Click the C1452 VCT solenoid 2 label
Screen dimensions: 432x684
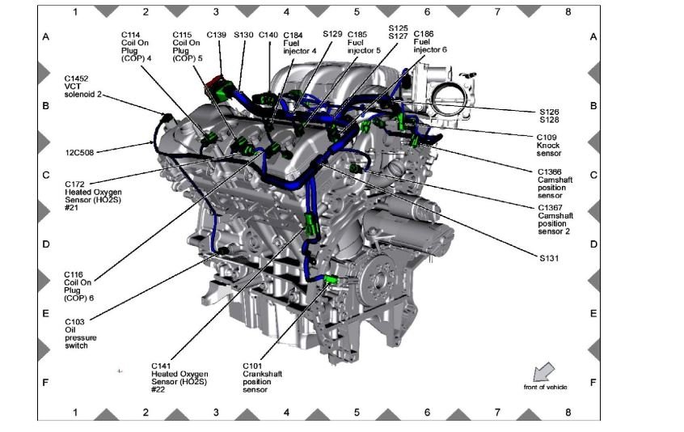(x=82, y=88)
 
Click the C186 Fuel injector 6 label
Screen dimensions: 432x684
(x=429, y=42)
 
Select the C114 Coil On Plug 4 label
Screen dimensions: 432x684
(x=137, y=46)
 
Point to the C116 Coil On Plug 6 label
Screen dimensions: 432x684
(x=79, y=286)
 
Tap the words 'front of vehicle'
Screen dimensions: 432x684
(x=545, y=388)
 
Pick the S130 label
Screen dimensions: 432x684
(x=243, y=35)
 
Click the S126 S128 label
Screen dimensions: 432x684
(x=549, y=116)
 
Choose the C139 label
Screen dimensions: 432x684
(x=216, y=35)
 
